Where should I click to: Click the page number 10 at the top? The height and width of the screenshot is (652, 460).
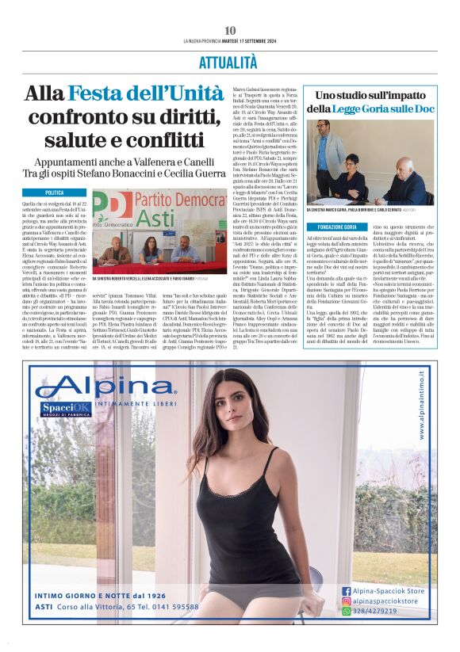coord(230,30)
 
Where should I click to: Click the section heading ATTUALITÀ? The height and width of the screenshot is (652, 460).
coord(230,63)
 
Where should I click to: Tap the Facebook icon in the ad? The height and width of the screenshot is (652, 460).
coord(347,590)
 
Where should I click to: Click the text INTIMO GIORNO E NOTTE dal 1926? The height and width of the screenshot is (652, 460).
coord(100,595)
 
